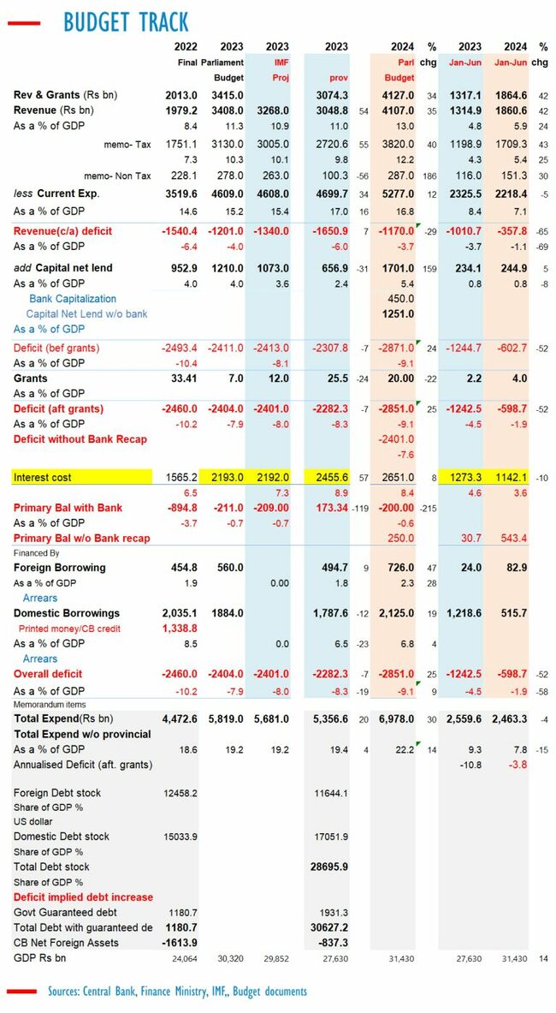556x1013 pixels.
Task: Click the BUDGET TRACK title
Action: [x=126, y=21]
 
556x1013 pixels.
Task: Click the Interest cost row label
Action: [x=43, y=477]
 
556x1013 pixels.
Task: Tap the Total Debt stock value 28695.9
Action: [x=329, y=867]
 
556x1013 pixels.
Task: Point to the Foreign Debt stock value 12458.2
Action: [x=179, y=793]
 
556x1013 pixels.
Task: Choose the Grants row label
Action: [x=31, y=378]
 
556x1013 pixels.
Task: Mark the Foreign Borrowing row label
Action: [x=60, y=567]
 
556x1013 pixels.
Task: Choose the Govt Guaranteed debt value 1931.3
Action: [x=330, y=912]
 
